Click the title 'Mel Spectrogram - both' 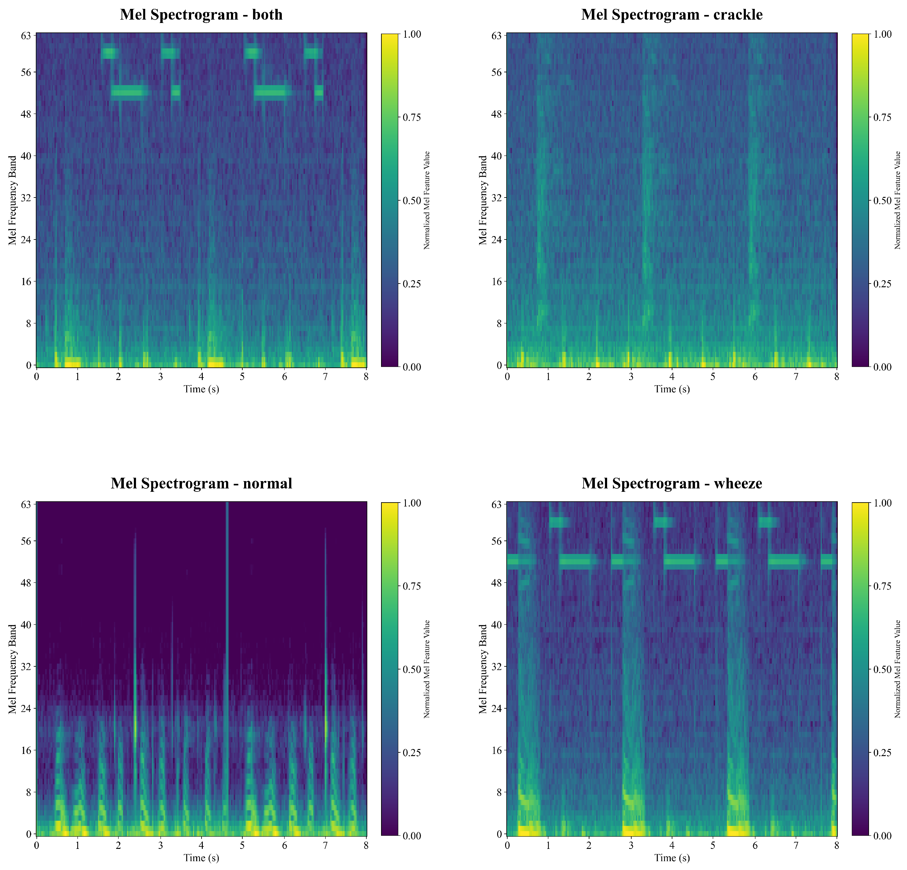201,14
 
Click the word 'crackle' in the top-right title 738,14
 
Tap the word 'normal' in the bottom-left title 267,483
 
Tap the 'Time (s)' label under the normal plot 201,857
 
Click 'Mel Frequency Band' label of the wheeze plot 483,669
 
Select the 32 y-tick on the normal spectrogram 25,666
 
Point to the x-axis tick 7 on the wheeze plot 796,846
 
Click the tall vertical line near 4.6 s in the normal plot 227,648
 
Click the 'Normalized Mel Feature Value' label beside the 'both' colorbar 427,200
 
